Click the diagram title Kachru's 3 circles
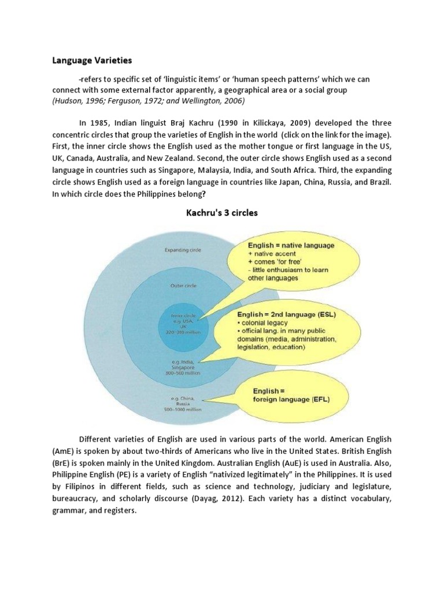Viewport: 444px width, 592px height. point(221,212)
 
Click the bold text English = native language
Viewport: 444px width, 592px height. point(291,246)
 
